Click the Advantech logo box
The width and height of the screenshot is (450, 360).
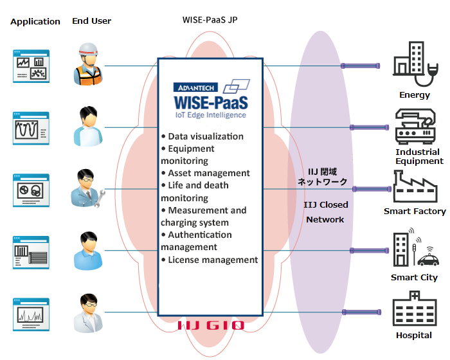tap(195, 87)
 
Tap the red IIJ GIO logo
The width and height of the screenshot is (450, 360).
tap(211, 325)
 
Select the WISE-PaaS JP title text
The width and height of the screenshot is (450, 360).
tap(210, 20)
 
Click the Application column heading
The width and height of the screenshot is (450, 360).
tap(35, 22)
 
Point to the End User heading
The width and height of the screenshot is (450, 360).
tap(91, 21)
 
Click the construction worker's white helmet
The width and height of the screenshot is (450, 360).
tap(89, 50)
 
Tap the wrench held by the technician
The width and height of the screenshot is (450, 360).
tap(100, 199)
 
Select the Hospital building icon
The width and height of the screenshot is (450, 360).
tap(415, 309)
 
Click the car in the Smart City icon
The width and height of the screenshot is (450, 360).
tap(428, 260)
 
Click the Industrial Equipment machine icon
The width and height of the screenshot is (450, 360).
tap(415, 126)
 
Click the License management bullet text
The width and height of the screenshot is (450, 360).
tap(213, 260)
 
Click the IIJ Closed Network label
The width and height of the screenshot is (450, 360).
tap(326, 212)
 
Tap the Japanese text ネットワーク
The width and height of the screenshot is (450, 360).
tap(323, 182)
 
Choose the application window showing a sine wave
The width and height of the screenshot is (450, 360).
tap(31, 129)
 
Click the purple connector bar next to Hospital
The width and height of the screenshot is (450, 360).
tap(361, 312)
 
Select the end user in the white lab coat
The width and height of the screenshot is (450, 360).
tap(89, 313)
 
